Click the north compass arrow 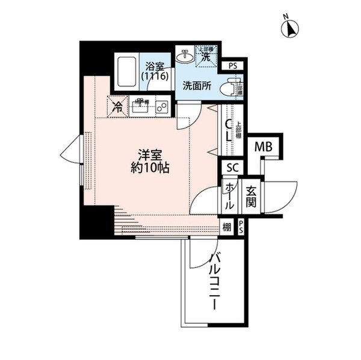293,28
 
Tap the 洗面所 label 197,85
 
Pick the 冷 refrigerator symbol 117,108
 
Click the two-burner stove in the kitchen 161,108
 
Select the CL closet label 229,132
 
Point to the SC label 232,169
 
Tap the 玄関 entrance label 251,196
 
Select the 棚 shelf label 226,227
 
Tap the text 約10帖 150,168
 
